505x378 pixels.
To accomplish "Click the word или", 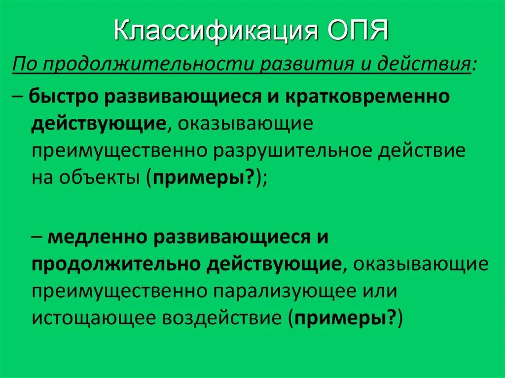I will (x=379, y=291).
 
